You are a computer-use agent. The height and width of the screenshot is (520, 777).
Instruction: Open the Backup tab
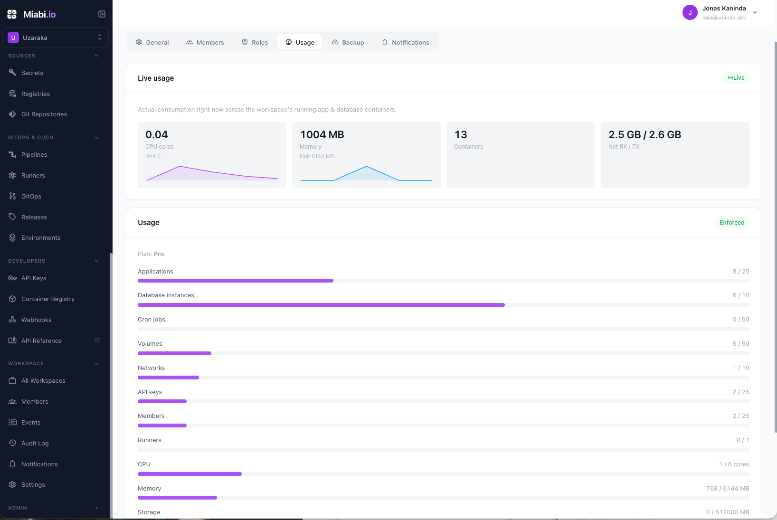point(348,42)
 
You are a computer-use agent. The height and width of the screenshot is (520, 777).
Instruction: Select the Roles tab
point(255,42)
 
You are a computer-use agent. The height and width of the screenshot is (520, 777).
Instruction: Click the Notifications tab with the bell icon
point(406,42)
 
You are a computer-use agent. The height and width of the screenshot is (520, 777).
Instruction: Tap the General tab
point(152,42)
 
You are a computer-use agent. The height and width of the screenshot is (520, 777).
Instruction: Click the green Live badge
point(736,78)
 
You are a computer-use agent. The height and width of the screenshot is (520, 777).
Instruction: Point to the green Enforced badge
point(732,222)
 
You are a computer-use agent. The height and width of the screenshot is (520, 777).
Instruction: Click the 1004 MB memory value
point(322,134)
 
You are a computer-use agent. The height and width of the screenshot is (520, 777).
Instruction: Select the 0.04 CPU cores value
point(156,134)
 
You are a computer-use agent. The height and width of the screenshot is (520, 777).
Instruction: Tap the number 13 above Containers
point(461,134)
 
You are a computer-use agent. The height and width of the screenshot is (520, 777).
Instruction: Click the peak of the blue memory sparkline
point(366,167)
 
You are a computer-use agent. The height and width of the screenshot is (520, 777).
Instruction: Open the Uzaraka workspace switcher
point(56,38)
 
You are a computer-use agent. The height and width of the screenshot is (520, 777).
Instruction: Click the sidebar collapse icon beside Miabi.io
point(102,14)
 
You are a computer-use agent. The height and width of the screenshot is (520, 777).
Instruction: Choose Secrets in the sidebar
point(32,73)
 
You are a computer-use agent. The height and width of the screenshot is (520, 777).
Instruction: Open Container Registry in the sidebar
point(48,299)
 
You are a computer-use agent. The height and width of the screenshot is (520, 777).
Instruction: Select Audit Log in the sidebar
point(35,444)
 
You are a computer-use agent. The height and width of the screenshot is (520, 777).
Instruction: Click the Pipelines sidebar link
point(34,155)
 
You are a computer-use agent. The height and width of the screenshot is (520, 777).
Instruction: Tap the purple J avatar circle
point(690,12)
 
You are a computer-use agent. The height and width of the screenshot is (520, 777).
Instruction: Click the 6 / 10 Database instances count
point(740,295)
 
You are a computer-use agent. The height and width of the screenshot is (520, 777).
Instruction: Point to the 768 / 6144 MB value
point(728,489)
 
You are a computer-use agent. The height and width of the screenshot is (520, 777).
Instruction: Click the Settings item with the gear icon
point(33,484)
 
